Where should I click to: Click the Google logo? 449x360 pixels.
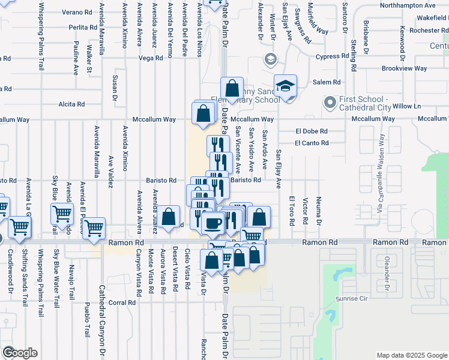coord(19,352)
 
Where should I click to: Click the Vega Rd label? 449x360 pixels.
coord(151,58)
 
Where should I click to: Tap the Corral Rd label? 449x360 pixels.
coord(124,303)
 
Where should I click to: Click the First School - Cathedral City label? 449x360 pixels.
coord(367,103)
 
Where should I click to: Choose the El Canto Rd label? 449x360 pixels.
coord(312,143)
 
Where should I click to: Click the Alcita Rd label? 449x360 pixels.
coord(71,104)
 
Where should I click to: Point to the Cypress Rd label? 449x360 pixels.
coord(333,56)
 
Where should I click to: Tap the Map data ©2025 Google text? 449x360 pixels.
coord(411,355)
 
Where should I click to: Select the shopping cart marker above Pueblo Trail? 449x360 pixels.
coord(94,228)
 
